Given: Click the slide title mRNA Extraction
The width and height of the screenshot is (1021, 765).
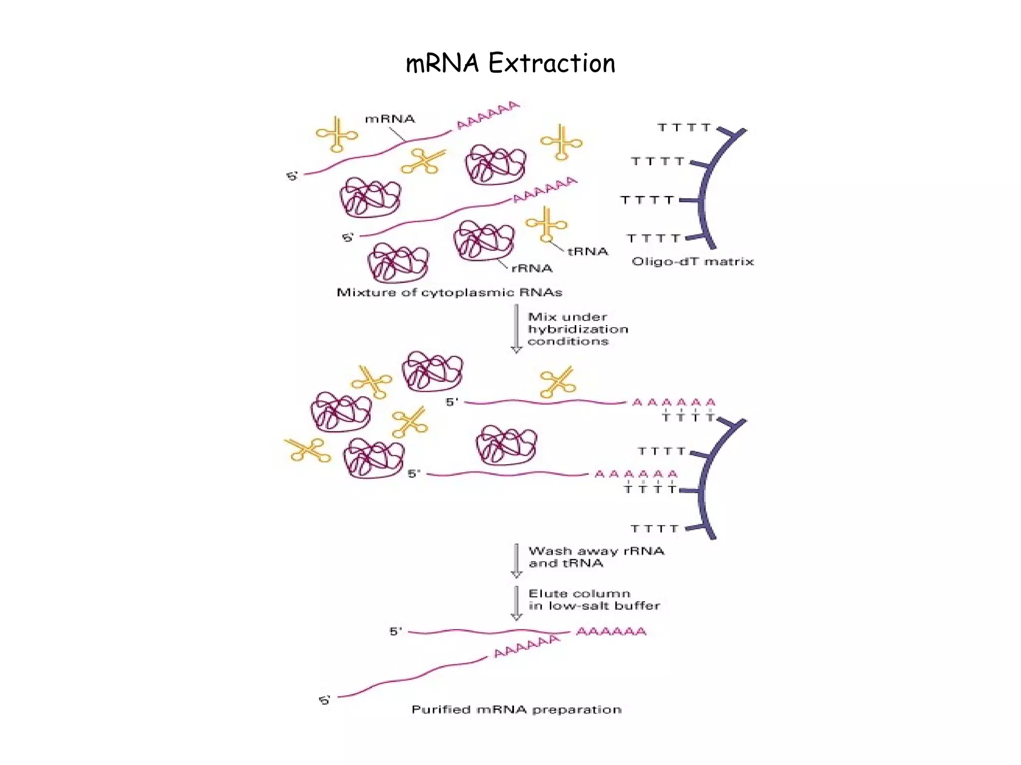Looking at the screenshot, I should pos(510,64).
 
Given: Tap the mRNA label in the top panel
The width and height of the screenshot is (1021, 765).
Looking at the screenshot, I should pos(390,119).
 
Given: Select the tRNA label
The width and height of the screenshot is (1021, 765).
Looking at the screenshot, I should pos(588,252).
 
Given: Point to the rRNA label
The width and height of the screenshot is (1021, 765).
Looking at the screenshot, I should pos(532,268).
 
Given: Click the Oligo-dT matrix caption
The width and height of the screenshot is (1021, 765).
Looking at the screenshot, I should pos(692,261).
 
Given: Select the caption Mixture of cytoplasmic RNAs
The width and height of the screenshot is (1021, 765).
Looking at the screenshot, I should pos(450,292).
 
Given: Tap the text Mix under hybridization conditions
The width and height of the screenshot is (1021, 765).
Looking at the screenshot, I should pos(577,329).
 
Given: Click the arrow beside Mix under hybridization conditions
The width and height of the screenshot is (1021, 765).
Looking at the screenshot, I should pos(516,329).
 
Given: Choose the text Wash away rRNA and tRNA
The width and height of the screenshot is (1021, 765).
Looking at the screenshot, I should pos(596,557).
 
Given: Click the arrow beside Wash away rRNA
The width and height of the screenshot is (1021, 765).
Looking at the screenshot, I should pos(516,560).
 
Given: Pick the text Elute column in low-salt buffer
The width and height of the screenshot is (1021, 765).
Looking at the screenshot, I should pos(594,600).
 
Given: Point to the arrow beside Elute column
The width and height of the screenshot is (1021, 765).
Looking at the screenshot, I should pos(516,603).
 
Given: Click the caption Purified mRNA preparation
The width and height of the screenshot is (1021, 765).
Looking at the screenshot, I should pos(516,710).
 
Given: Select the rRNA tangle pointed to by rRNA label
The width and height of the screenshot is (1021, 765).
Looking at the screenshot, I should pos(483,241).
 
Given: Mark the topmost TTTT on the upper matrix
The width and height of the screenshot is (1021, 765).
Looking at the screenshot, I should pos(684,128).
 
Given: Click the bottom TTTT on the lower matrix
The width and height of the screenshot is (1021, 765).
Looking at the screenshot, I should pos(655,528).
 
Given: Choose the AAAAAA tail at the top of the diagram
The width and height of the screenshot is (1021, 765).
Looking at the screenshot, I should pos(488,115).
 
